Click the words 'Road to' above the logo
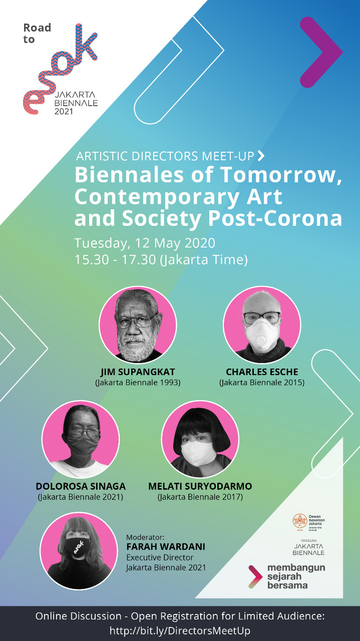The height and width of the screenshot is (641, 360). (x=37, y=33)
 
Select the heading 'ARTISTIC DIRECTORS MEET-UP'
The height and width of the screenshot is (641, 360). (x=165, y=156)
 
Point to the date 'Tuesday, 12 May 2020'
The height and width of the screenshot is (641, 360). (x=145, y=243)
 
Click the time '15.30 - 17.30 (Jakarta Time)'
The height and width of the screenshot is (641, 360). (x=161, y=260)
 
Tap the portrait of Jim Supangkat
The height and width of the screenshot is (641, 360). (x=138, y=326)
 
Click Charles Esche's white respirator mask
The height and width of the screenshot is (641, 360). (x=261, y=334)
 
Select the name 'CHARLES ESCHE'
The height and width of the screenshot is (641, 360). (x=262, y=372)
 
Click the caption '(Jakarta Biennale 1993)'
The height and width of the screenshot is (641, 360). (x=138, y=383)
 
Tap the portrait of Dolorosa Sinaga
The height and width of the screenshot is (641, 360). (x=81, y=439)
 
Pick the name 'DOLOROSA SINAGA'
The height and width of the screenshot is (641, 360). (x=81, y=486)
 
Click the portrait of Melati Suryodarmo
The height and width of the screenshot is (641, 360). (x=200, y=439)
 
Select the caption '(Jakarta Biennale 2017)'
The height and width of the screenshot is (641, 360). (x=200, y=497)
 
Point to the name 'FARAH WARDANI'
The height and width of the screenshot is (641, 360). (x=166, y=546)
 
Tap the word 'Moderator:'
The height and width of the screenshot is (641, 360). (x=145, y=537)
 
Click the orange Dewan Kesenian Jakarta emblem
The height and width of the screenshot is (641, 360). (x=300, y=521)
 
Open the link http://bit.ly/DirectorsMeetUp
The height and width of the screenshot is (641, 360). (x=180, y=630)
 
